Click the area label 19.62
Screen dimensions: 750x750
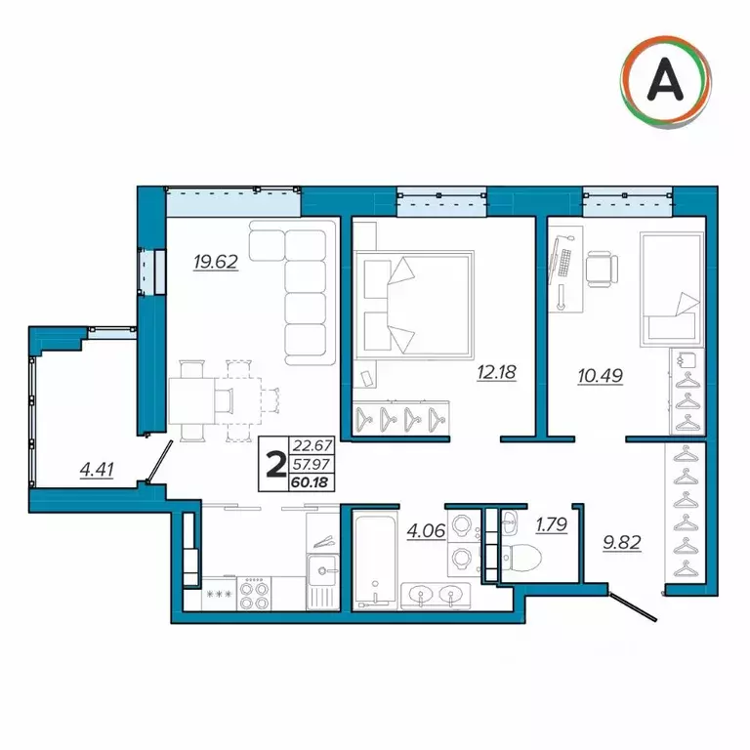pos(216,261)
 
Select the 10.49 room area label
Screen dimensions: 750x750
pos(600,373)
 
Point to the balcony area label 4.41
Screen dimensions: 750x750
pos(97,470)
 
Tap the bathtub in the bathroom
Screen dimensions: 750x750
pos(372,562)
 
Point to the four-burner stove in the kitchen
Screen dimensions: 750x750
pos(256,593)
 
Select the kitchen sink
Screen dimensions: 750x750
pos(320,568)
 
